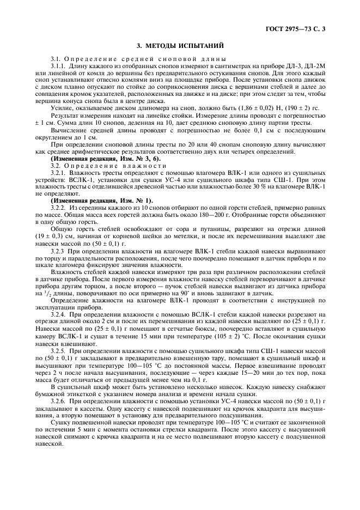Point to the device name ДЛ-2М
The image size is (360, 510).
pyautogui.click(x=315, y=66)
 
